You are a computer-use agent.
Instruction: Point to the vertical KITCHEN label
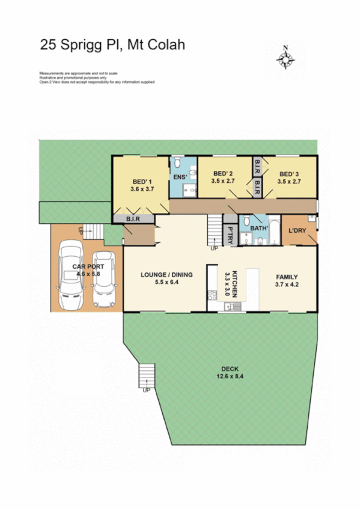(x=236, y=284)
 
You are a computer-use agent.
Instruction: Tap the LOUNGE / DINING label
(x=166, y=275)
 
